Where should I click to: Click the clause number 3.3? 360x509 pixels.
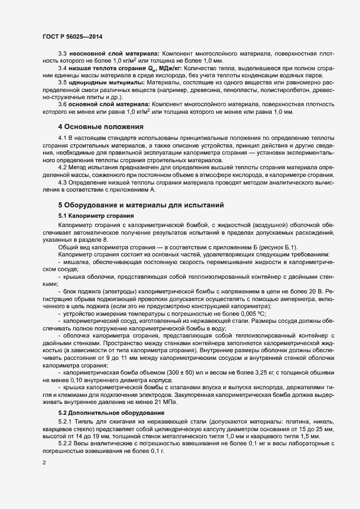pyautogui.click(x=63, y=53)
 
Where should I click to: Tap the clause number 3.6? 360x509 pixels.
pyautogui.click(x=63, y=103)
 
